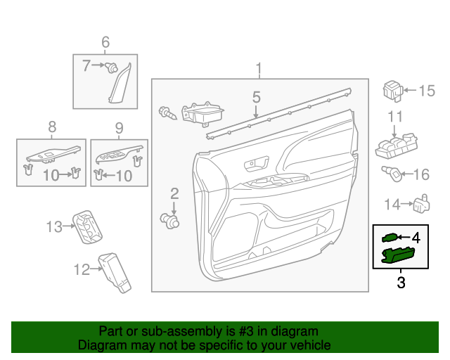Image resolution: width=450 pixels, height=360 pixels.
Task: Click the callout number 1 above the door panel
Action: click(x=259, y=68)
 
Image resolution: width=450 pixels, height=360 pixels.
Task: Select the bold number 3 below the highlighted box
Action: click(x=401, y=283)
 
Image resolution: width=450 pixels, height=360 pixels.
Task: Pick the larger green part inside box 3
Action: click(x=398, y=255)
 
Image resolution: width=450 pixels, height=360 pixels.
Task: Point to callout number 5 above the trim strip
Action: click(x=257, y=96)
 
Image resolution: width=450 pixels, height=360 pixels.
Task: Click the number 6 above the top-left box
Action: click(x=105, y=42)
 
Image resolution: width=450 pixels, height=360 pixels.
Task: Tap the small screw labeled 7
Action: click(x=111, y=67)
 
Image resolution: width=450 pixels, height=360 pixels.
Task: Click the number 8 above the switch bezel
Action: click(x=52, y=127)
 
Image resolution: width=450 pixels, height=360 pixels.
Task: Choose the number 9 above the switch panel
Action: click(x=119, y=127)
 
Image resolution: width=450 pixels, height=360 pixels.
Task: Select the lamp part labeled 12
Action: click(x=115, y=272)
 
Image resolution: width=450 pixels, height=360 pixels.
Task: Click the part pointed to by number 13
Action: click(x=89, y=226)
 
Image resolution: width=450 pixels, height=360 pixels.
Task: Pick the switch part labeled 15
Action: click(x=393, y=90)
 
